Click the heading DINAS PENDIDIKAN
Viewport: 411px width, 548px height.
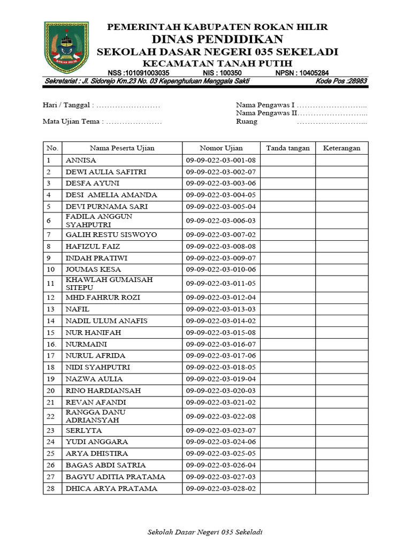217,39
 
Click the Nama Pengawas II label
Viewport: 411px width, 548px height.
267,113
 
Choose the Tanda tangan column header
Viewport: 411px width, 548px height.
288,148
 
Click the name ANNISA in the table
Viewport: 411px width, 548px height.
81,160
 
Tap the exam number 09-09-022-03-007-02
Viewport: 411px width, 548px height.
221,234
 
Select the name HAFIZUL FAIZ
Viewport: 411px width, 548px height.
93,246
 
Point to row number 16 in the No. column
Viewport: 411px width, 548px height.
51,344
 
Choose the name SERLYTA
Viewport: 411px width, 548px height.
83,430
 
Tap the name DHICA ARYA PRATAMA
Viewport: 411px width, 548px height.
111,489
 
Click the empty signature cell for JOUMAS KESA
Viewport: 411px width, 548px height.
288,269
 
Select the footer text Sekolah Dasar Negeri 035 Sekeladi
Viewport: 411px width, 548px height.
205,532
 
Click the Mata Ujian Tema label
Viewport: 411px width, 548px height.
72,121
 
